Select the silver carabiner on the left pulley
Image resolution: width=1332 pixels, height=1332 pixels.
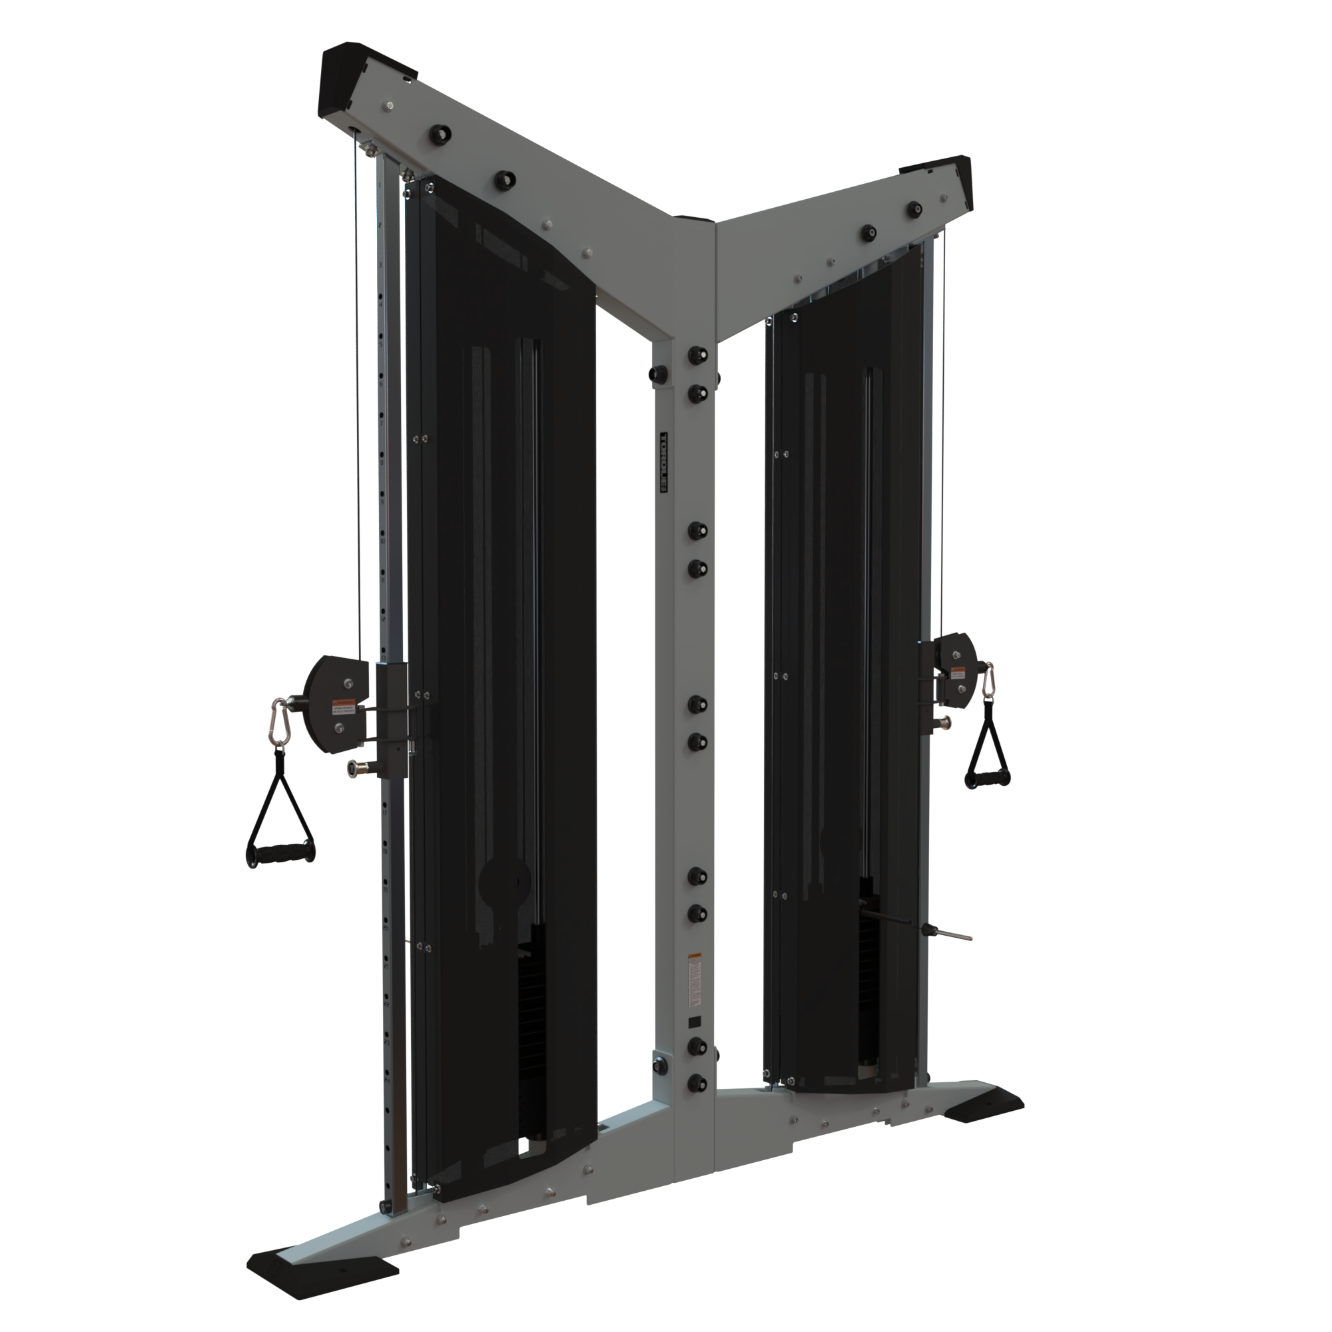click(x=280, y=721)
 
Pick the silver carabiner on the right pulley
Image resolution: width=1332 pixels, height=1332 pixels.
click(x=988, y=681)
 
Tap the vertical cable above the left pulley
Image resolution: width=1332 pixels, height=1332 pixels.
click(x=358, y=414)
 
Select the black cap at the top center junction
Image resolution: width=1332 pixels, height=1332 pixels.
click(x=694, y=219)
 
